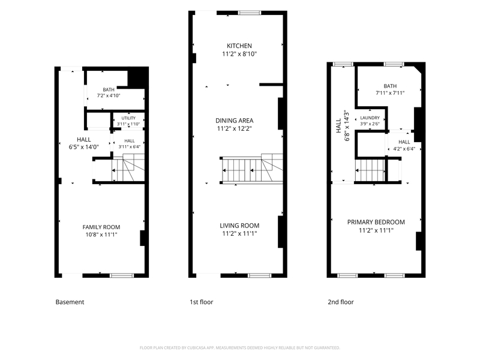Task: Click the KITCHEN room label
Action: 239,46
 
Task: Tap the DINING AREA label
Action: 235,121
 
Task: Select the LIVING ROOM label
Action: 239,226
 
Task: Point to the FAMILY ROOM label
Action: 101,227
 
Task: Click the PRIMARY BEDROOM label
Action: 376,222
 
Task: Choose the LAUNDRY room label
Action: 370,118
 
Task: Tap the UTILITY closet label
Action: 128,118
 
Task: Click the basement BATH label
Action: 109,89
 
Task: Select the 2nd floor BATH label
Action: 390,86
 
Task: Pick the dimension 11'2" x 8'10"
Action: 239,54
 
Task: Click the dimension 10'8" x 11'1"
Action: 101,235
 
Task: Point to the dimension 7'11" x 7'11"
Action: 390,93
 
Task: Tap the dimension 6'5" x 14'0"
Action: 84,147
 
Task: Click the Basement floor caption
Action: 70,302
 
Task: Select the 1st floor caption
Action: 202,302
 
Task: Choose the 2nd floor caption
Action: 341,302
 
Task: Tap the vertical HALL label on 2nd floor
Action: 338,126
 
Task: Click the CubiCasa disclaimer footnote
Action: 239,348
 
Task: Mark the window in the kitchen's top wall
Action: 250,13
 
